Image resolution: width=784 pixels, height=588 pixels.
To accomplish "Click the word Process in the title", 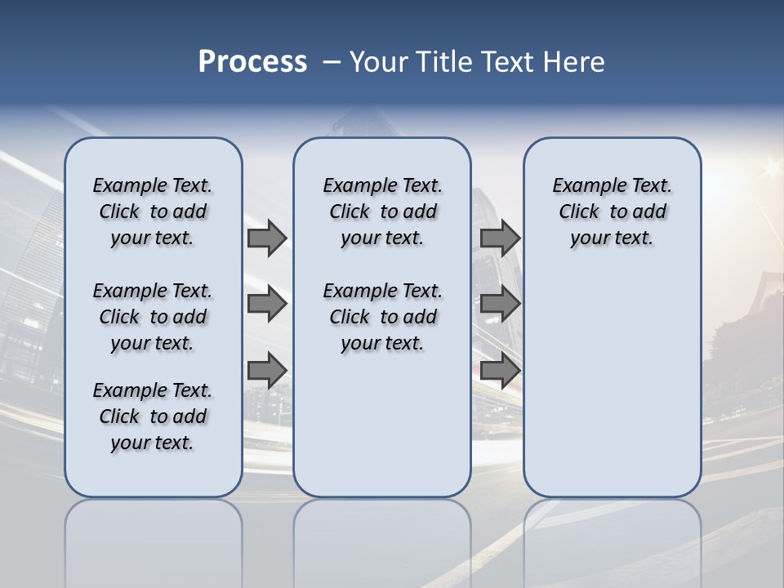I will [252, 62].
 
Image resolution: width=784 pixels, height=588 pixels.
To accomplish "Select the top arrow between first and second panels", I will [267, 238].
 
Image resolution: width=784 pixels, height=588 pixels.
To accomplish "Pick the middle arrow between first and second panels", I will [267, 305].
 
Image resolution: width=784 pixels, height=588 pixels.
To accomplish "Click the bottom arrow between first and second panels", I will [267, 371].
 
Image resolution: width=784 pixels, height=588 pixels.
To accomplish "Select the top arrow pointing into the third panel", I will [500, 238].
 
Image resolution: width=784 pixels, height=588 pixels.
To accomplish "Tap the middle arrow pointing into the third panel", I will [500, 305].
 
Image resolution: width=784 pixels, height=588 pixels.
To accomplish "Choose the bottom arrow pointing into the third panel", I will [500, 371].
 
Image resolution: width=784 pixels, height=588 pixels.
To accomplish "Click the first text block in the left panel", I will [153, 212].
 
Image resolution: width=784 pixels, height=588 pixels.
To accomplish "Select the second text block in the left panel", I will [153, 317].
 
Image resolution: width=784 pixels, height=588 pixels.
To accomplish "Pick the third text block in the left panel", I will [153, 416].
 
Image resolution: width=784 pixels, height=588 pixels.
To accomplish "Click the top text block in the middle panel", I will [382, 212].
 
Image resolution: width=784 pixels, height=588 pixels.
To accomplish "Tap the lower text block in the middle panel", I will [382, 317].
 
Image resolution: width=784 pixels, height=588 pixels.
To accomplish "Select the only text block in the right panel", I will [612, 212].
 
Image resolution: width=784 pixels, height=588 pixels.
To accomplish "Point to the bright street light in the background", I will [770, 169].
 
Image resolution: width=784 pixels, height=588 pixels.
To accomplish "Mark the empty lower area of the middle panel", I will [382, 425].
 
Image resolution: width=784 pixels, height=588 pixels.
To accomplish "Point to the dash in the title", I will [332, 63].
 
